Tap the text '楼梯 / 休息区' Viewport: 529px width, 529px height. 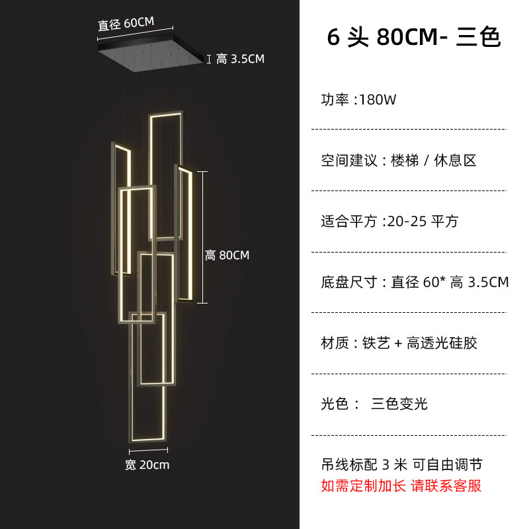434,161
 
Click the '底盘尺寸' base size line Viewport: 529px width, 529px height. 415,282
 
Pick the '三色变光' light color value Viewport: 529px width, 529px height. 399,404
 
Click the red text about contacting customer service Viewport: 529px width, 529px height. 401,486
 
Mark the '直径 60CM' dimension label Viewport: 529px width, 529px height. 126,24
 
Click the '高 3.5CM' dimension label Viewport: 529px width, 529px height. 240,60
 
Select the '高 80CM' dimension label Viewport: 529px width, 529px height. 227,255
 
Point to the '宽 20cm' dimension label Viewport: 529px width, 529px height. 147,465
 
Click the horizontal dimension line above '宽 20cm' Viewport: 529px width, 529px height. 146,452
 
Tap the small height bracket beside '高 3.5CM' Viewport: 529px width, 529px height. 209,60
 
